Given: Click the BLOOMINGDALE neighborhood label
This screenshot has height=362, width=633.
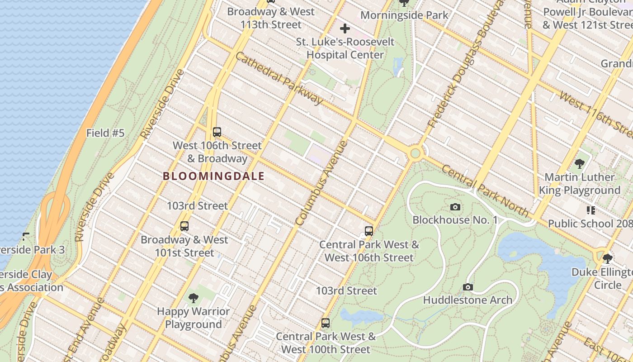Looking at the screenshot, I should pos(213,176).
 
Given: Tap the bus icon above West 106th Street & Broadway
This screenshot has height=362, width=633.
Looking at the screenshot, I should pos(217,132).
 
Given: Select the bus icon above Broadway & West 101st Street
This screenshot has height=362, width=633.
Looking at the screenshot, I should pos(184,226).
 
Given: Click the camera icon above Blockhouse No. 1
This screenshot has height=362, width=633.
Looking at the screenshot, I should pos(455,207).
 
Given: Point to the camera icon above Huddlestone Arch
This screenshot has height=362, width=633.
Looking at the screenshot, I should pos(468,287).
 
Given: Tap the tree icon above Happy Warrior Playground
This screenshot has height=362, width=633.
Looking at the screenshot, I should pos(194,298).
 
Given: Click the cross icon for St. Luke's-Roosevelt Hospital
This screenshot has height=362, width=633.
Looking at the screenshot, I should pos(345,29).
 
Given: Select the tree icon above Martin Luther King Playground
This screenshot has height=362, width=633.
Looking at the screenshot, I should pos(579,164).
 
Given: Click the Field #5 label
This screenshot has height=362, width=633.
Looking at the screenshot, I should pos(105,133).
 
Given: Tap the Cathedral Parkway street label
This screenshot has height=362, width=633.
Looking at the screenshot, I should pos(279,78).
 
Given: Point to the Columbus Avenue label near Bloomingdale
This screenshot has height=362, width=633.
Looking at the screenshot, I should pos(321,183).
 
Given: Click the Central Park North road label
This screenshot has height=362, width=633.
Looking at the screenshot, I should pos(484,191).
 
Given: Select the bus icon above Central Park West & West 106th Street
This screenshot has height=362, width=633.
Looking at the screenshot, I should pos(369,231).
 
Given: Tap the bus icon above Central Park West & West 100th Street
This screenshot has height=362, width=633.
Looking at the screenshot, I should pos(325,323).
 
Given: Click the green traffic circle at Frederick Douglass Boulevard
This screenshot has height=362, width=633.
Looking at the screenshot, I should pos(415,154).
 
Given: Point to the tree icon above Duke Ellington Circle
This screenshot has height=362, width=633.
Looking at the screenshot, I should pos(608,259).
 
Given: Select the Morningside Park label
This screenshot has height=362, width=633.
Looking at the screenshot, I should pos(404,15).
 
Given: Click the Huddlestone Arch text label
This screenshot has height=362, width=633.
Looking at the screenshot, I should pos(468,300).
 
